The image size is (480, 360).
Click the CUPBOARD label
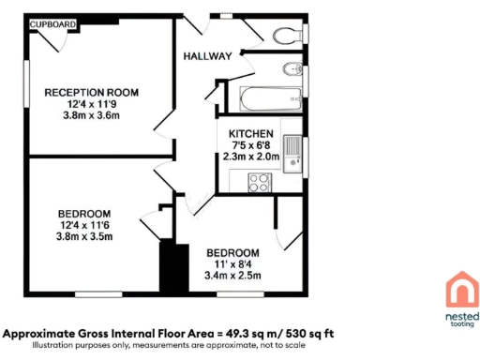(x=52, y=23)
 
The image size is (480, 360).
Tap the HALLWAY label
(x=207, y=56)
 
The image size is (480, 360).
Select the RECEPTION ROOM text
(x=92, y=92)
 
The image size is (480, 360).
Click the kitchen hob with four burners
(x=258, y=183)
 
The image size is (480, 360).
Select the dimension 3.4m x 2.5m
(x=232, y=277)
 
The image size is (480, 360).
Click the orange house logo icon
(x=459, y=289)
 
